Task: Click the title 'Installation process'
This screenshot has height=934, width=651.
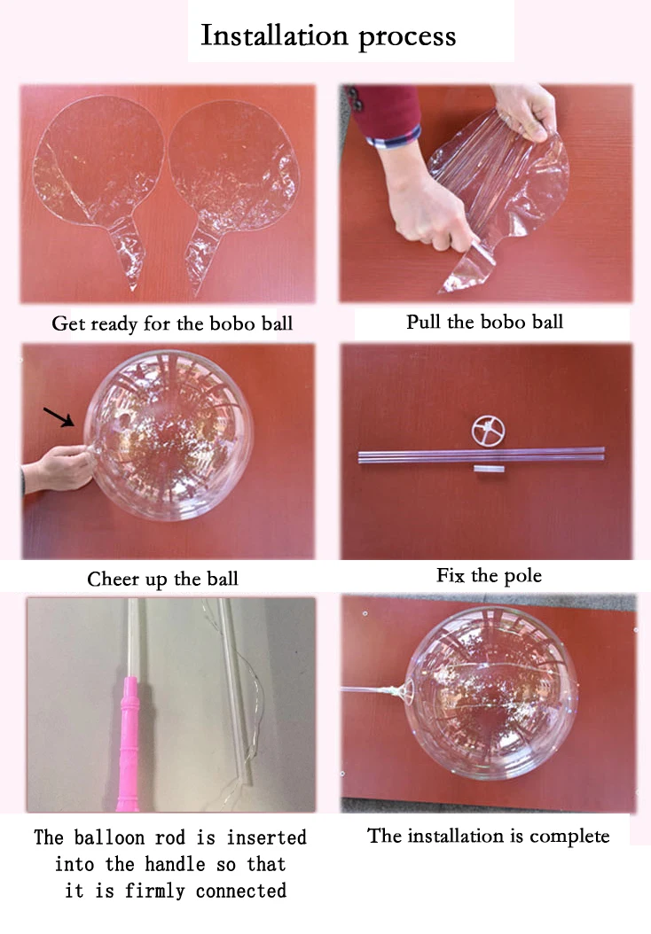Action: click(328, 35)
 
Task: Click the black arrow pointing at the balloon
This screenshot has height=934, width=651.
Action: click(59, 417)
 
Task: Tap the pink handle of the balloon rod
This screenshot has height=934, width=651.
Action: click(129, 743)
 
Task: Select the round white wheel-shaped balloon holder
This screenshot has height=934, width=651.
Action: click(488, 431)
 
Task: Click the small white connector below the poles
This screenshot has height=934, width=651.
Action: click(489, 469)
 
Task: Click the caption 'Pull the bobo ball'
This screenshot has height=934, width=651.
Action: click(484, 322)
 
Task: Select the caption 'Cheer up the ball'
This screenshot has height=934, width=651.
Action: click(163, 579)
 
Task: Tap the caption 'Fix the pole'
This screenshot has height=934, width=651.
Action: click(489, 575)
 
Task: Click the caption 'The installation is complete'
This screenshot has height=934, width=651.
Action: click(488, 836)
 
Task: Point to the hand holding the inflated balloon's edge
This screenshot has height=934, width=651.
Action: click(59, 468)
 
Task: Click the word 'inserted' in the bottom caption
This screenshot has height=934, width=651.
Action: click(266, 837)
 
